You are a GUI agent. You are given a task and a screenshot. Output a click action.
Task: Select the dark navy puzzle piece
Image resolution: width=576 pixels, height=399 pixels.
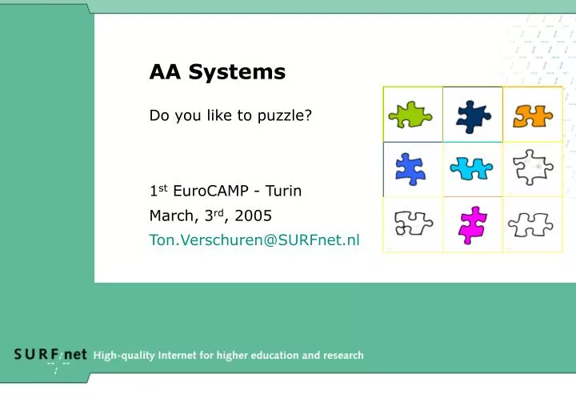coord(473,116)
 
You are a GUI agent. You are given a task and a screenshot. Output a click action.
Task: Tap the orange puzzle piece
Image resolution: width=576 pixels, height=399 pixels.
coord(533,116)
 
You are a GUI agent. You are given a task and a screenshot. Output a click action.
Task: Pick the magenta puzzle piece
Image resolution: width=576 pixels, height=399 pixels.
coord(473,224)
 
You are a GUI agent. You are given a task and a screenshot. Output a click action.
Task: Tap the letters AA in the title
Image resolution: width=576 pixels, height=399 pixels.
coord(164,72)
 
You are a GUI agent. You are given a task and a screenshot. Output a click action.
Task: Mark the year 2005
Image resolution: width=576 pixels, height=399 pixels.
coord(255,216)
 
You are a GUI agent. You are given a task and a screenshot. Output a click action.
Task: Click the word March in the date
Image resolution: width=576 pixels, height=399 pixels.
coord(172,216)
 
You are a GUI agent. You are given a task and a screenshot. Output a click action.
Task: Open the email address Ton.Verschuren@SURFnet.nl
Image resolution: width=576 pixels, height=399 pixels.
coord(254,239)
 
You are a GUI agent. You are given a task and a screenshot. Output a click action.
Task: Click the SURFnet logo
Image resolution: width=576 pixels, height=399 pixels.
coord(50,356)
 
